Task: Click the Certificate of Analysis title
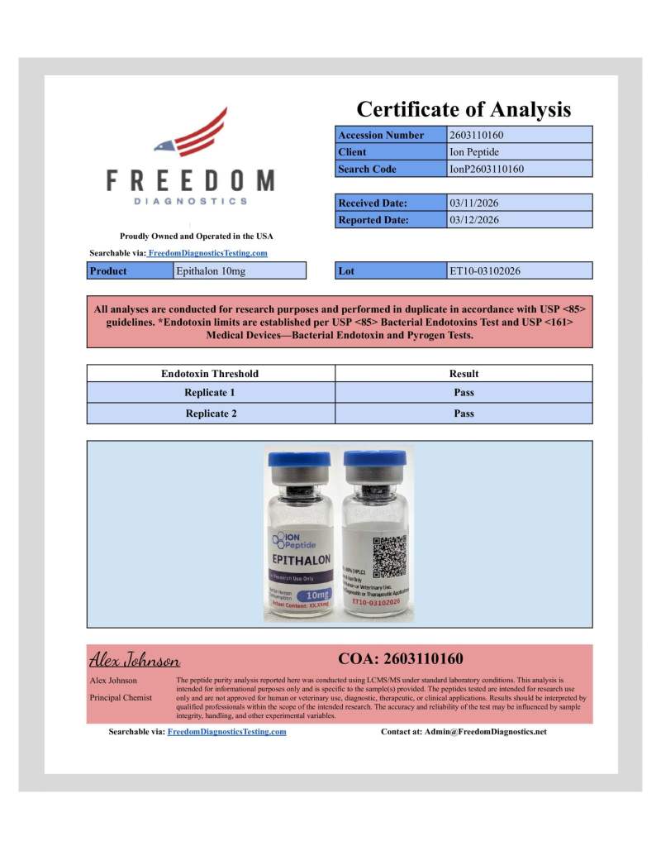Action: pos(463,109)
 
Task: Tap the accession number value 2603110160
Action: pos(477,135)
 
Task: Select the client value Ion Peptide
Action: pos(473,152)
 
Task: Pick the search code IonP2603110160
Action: pos(487,170)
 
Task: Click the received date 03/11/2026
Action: pos(473,203)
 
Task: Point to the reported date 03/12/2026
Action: pos(473,220)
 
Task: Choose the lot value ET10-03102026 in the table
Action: pos(484,270)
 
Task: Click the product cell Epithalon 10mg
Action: pos(211,270)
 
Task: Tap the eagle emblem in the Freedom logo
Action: pos(191,134)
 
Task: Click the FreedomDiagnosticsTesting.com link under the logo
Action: pos(207,253)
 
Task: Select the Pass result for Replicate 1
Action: pos(464,393)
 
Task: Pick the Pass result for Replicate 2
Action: pos(464,414)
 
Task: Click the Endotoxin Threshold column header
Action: pos(210,374)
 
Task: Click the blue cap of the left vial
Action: pos(297,463)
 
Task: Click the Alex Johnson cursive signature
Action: pos(134,660)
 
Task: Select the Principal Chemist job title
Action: pos(121,697)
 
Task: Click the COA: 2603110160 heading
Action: pos(401,659)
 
